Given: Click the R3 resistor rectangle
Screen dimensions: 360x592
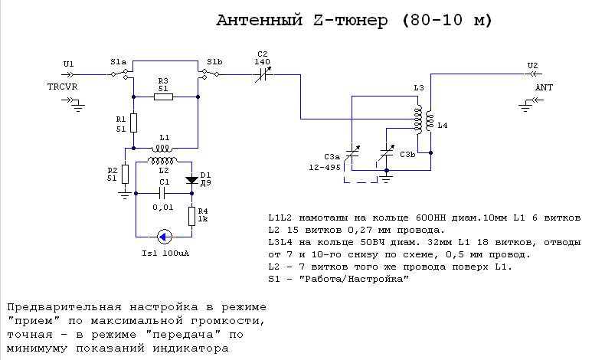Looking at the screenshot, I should click(162, 97).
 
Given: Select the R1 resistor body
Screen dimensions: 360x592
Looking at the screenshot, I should click(133, 123).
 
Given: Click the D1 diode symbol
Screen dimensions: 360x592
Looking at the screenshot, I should click(191, 181).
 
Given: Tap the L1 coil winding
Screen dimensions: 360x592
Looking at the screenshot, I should click(163, 147).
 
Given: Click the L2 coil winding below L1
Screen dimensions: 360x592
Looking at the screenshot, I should click(163, 162).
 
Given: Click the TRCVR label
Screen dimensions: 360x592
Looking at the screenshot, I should click(62, 87).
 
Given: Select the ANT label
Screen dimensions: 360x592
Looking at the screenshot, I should click(545, 87).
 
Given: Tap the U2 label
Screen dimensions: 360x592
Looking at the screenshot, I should click(533, 65).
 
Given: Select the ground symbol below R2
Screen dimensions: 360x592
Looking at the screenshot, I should click(124, 195).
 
